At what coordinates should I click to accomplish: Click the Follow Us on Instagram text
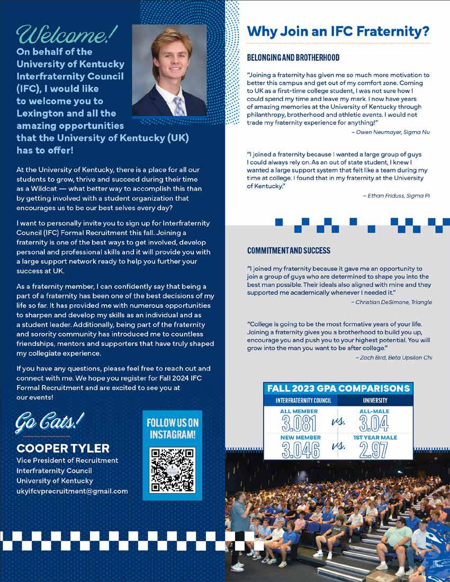[x=172, y=428]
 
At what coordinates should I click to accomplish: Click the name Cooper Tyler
[x=63, y=448]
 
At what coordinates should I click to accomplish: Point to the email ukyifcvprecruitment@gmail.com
[x=72, y=491]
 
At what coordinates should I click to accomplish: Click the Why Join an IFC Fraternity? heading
[x=338, y=32]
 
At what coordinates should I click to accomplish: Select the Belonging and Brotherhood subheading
[x=293, y=57]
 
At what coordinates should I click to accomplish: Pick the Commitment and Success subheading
[x=289, y=250]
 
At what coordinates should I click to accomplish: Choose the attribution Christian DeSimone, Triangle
[x=391, y=302]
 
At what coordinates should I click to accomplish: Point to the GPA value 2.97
[x=374, y=449]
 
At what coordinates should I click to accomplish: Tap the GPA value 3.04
[x=374, y=423]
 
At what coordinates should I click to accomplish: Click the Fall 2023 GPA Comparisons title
[x=338, y=388]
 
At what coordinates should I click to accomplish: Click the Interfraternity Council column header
[x=300, y=401]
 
